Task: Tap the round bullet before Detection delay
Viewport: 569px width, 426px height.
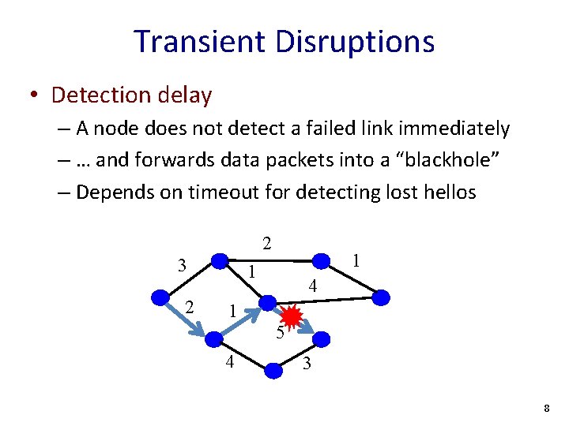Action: pos(35,96)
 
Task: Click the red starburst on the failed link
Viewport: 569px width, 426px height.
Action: pos(292,317)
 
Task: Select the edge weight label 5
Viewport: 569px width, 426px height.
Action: pos(281,333)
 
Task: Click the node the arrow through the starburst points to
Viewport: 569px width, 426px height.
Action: pos(322,339)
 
